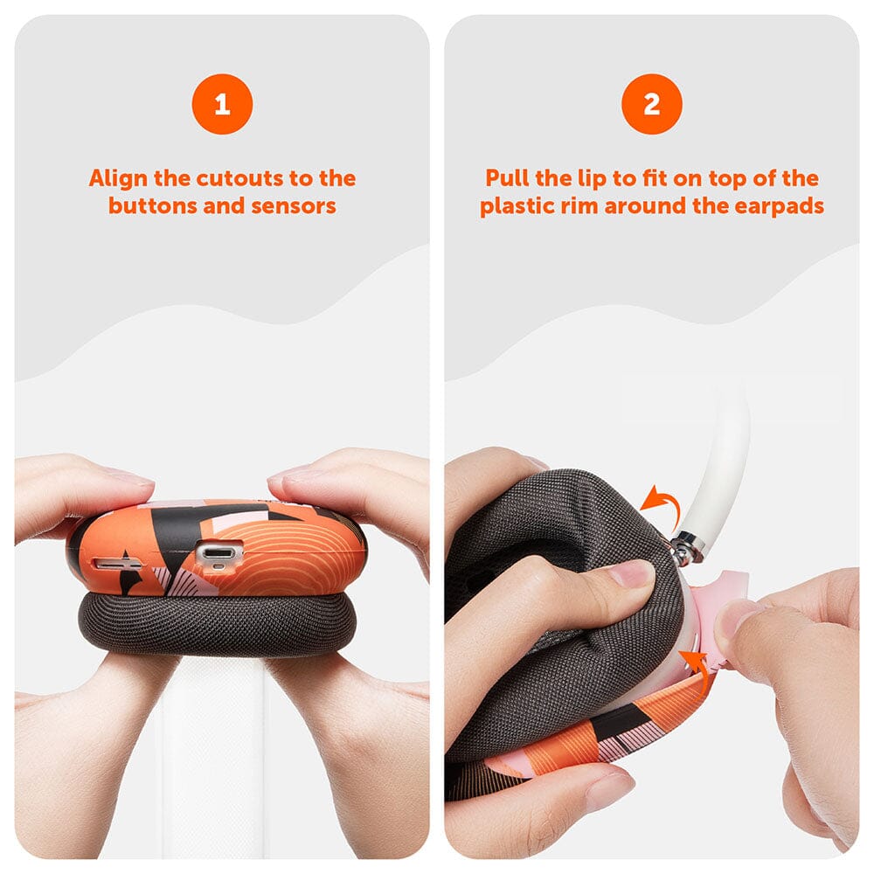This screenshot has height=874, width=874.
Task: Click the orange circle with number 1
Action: [222, 104]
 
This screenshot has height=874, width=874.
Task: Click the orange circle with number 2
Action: [652, 104]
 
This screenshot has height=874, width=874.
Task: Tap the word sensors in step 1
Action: [293, 206]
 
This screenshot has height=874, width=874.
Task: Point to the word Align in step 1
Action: [118, 178]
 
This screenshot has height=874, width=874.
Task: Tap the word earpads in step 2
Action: [780, 206]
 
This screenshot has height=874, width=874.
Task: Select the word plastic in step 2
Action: [514, 206]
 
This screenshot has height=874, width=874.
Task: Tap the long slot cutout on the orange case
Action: [117, 565]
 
